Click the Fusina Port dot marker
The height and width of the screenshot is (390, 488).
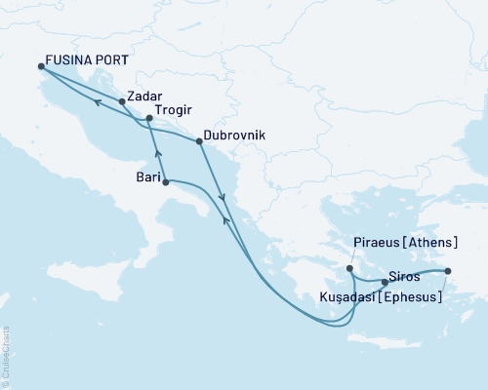tap(41, 66)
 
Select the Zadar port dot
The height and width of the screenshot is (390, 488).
tap(122, 100)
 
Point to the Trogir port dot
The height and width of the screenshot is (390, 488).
tap(148, 119)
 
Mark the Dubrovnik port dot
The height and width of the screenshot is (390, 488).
tap(199, 141)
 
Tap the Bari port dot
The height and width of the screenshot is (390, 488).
tap(165, 182)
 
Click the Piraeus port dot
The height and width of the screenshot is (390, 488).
tap(349, 267)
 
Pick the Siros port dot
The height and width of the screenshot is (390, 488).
tap(385, 283)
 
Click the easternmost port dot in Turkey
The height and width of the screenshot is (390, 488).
tap(448, 271)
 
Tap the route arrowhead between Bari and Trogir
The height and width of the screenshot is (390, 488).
tap(158, 154)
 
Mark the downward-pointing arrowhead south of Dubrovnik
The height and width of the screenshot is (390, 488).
tap(224, 199)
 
